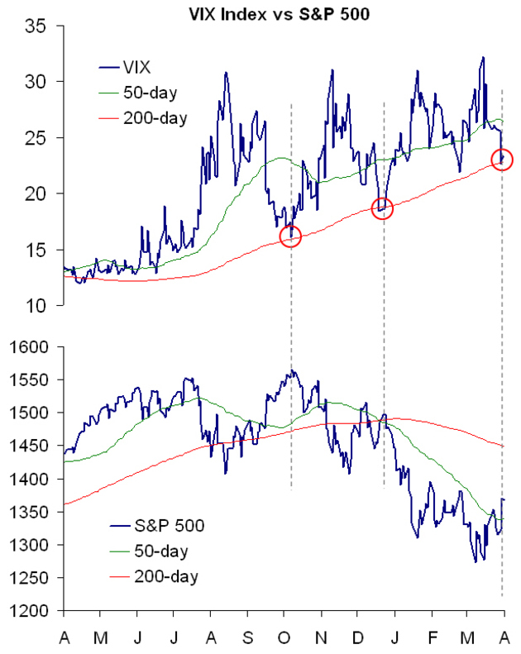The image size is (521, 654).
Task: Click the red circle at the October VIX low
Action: click(291, 237)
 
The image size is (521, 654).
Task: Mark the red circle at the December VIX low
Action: click(383, 209)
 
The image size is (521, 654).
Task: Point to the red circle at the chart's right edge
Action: click(502, 159)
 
